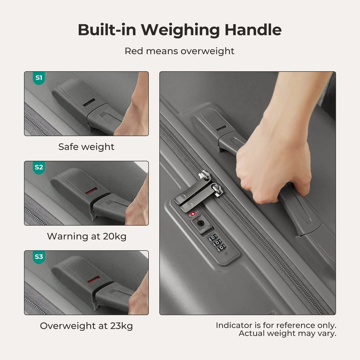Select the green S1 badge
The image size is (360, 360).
(38, 78)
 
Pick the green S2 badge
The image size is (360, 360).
(38, 167)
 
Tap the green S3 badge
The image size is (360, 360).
(38, 257)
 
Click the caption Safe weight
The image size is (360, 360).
(86, 147)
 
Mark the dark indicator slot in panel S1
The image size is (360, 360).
(89, 103)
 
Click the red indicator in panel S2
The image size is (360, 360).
(91, 191)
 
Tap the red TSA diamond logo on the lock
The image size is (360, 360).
(193, 214)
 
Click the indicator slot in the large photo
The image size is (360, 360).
(221, 128)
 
